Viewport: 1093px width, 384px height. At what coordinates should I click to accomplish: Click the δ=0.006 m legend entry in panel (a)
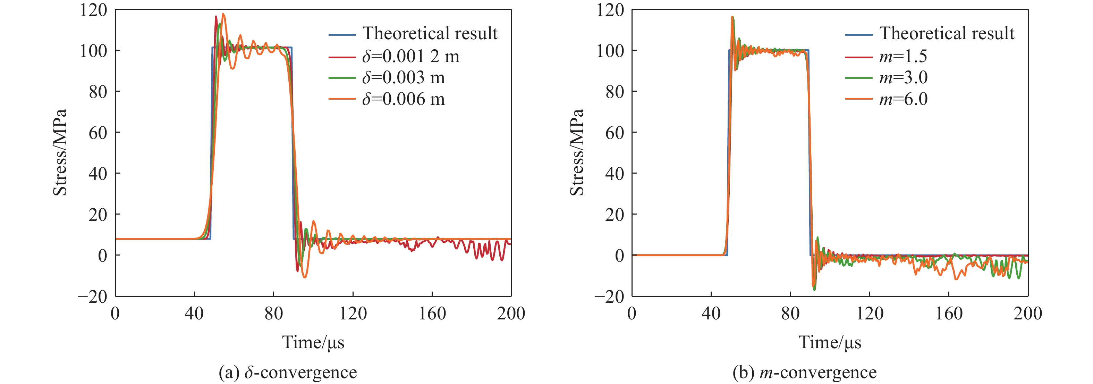pyautogui.click(x=403, y=99)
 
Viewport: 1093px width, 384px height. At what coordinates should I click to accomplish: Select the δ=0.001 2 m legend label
pyautogui.click(x=410, y=56)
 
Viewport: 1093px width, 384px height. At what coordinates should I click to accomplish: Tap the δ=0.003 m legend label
pyautogui.click(x=403, y=78)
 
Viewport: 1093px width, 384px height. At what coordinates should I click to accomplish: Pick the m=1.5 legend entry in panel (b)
pyautogui.click(x=903, y=56)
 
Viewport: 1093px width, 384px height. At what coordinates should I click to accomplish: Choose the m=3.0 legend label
pyautogui.click(x=903, y=78)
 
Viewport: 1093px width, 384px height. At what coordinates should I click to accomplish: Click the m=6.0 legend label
pyautogui.click(x=903, y=99)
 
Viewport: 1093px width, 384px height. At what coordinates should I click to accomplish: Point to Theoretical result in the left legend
pyautogui.click(x=430, y=33)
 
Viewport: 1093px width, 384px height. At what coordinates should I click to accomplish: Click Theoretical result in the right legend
pyautogui.click(x=947, y=33)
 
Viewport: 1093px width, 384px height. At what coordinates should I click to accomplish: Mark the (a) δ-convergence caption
pyautogui.click(x=288, y=373)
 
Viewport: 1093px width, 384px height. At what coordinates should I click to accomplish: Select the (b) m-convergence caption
pyautogui.click(x=804, y=373)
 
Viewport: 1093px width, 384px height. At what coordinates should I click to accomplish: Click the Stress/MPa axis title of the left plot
pyautogui.click(x=60, y=152)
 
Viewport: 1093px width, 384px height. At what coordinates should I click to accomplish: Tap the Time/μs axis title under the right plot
pyautogui.click(x=830, y=342)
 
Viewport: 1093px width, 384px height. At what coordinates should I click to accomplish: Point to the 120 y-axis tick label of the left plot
pyautogui.click(x=93, y=10)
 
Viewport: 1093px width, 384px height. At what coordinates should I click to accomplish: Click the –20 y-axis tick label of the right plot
pyautogui.click(x=609, y=297)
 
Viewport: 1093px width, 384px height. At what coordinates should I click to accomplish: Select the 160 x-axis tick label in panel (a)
pyautogui.click(x=432, y=314)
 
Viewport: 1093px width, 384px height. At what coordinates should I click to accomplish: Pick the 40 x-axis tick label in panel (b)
pyautogui.click(x=711, y=314)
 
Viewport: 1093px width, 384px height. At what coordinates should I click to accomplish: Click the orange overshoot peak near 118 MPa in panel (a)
pyautogui.click(x=223, y=14)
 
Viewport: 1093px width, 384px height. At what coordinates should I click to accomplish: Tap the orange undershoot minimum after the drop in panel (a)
pyautogui.click(x=305, y=277)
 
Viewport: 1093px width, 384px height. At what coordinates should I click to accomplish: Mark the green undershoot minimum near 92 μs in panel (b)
pyautogui.click(x=814, y=290)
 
